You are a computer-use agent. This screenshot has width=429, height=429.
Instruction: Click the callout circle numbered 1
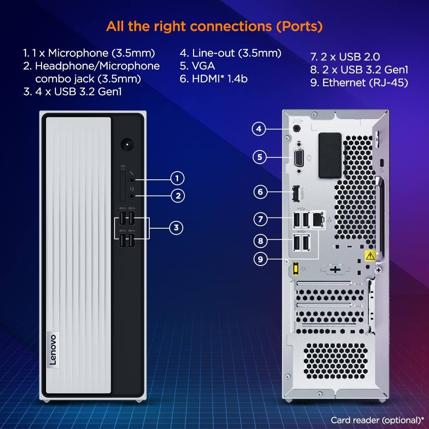(x=177, y=178)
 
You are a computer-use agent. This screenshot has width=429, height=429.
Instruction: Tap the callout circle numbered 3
(x=176, y=228)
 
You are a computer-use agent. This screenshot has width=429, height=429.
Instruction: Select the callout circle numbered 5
(x=260, y=157)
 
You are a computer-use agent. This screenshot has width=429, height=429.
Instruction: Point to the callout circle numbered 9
(x=260, y=259)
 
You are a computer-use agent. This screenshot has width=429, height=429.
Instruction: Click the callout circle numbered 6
(x=260, y=192)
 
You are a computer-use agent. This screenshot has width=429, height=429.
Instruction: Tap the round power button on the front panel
(x=127, y=145)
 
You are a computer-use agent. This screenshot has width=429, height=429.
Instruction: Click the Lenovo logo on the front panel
(x=53, y=349)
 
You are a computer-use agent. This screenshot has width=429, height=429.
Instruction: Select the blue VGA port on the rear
(x=299, y=157)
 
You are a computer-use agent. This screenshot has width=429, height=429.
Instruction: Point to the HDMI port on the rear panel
(x=295, y=193)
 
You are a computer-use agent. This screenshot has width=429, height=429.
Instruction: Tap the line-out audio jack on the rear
(x=296, y=129)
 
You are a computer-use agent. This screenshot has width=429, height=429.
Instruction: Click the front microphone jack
(x=132, y=180)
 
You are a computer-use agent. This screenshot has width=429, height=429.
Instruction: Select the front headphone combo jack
(x=132, y=196)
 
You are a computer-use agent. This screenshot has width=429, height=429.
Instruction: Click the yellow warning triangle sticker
(x=370, y=256)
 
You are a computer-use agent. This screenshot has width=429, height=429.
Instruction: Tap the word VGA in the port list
(x=203, y=66)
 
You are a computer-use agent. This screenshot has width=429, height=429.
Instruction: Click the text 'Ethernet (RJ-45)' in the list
(x=365, y=83)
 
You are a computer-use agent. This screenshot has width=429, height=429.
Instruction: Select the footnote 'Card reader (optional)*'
(x=377, y=420)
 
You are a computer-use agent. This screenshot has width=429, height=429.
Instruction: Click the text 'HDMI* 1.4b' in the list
(x=220, y=79)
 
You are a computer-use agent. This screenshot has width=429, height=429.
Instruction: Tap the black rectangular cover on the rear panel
(x=330, y=155)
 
